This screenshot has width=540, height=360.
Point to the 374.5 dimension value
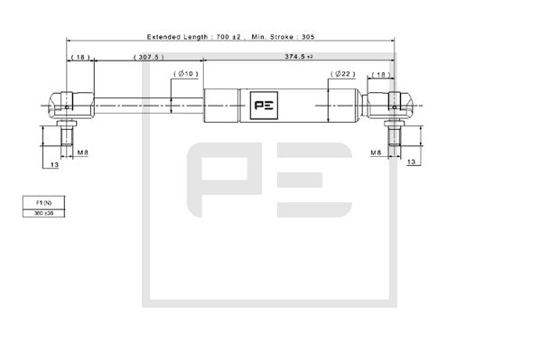(293, 57)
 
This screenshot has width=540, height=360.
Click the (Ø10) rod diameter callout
(188, 73)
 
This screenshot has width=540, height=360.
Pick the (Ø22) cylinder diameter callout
(340, 74)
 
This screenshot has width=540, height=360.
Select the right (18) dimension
(381, 74)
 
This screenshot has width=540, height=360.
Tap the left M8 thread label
(82, 152)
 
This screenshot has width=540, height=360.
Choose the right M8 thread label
(376, 152)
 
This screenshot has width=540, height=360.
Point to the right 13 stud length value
(412, 162)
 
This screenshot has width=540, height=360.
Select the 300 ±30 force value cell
(44, 213)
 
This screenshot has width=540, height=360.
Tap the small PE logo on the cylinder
(265, 106)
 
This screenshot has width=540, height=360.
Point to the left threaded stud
(66, 137)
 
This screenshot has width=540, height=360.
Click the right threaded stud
(395, 137)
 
